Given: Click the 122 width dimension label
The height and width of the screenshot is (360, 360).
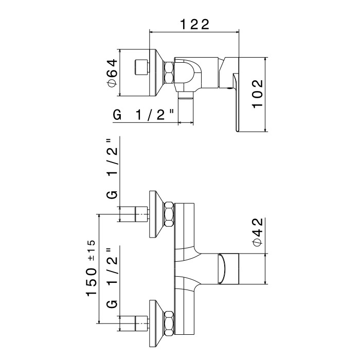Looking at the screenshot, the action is point(195,24).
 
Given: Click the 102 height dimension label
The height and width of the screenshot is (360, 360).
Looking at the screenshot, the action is point(257,94).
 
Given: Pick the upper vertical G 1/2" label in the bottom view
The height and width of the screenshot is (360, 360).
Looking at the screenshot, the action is point(113,169).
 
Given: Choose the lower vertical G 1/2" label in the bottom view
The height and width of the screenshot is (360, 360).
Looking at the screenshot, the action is point(113,278).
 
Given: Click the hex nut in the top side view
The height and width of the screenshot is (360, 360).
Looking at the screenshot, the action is point(169,73).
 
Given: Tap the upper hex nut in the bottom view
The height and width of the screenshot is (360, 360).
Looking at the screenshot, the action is point(169,214).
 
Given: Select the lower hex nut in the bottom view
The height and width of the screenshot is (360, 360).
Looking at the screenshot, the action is point(169,323).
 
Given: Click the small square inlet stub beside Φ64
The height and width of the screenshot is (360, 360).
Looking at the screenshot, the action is point(141,67).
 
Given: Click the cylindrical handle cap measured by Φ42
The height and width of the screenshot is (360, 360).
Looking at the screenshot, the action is point(229,269).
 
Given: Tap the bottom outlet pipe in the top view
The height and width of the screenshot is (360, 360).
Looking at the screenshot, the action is point(186,107).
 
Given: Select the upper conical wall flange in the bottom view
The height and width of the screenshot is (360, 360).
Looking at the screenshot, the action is point(156,214).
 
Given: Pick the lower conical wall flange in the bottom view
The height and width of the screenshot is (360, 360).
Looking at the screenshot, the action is point(156,323).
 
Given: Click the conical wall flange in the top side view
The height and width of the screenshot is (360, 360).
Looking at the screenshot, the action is point(156,73).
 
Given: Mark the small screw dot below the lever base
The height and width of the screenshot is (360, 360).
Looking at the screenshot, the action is point(229,88).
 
